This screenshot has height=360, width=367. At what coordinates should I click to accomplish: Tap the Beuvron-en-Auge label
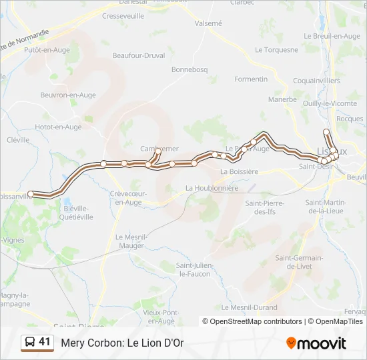pyautogui.click(x=67, y=95)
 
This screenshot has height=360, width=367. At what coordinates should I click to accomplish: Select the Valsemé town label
pyautogui.click(x=208, y=23)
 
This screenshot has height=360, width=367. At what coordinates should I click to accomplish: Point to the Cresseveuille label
pyautogui.click(x=123, y=16)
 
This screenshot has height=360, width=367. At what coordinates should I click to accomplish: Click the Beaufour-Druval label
pyautogui.click(x=139, y=55)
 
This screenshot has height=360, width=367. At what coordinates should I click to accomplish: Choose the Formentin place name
pyautogui.click(x=251, y=79)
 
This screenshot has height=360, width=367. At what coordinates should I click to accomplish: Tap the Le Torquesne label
pyautogui.click(x=277, y=50)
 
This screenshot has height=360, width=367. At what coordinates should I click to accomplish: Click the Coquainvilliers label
pyautogui.click(x=316, y=81)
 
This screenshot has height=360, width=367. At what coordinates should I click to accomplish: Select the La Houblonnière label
pyautogui.click(x=212, y=188)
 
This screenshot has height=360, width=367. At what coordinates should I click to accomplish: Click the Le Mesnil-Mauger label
pyautogui.click(x=131, y=241)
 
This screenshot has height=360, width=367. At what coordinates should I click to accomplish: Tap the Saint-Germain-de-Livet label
pyautogui.click(x=299, y=262)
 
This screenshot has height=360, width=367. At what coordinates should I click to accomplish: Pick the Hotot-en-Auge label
pyautogui.click(x=58, y=127)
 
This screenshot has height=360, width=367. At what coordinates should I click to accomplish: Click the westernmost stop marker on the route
pyautogui.click(x=31, y=194)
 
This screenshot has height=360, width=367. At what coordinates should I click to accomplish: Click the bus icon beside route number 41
pyautogui.click(x=29, y=343)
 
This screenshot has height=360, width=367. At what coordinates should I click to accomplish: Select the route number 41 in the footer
pyautogui.click(x=45, y=342)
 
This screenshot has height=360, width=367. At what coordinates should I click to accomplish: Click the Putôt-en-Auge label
pyautogui.click(x=47, y=49)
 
